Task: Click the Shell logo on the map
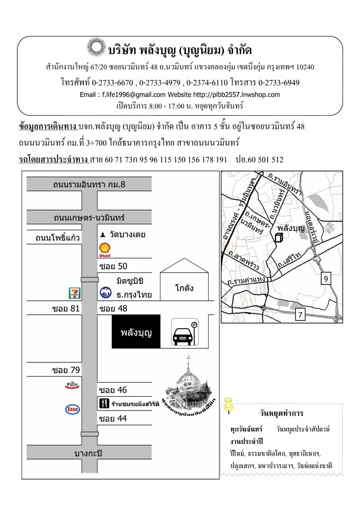tap(105, 250)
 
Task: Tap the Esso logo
tap(73, 409)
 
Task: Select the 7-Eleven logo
tap(74, 293)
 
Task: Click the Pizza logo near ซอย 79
tap(73, 385)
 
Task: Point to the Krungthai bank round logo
tap(105, 293)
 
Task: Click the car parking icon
tap(184, 332)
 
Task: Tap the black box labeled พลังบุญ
tap(136, 332)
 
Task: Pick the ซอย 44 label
tap(113, 419)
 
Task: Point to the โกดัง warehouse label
tap(184, 288)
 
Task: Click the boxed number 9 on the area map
tap(325, 279)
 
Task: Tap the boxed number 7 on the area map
tap(300, 314)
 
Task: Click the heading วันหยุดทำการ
tap(281, 414)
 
